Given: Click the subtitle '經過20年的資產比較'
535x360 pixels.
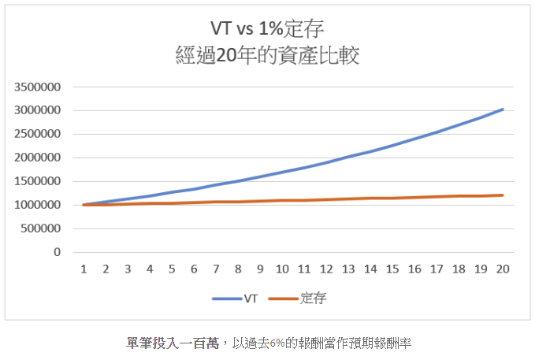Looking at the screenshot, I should [x=267, y=57].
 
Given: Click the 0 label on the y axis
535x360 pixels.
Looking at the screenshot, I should [x=58, y=252].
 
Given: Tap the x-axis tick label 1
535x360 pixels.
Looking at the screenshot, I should [x=84, y=269].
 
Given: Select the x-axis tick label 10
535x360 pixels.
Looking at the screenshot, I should [x=282, y=269].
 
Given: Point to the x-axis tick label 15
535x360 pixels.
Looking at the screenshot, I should [x=392, y=269].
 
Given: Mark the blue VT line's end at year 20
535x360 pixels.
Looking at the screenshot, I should [x=503, y=109].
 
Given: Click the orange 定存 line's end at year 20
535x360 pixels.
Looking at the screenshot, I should [x=503, y=195].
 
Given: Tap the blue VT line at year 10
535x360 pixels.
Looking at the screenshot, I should [x=282, y=172].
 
